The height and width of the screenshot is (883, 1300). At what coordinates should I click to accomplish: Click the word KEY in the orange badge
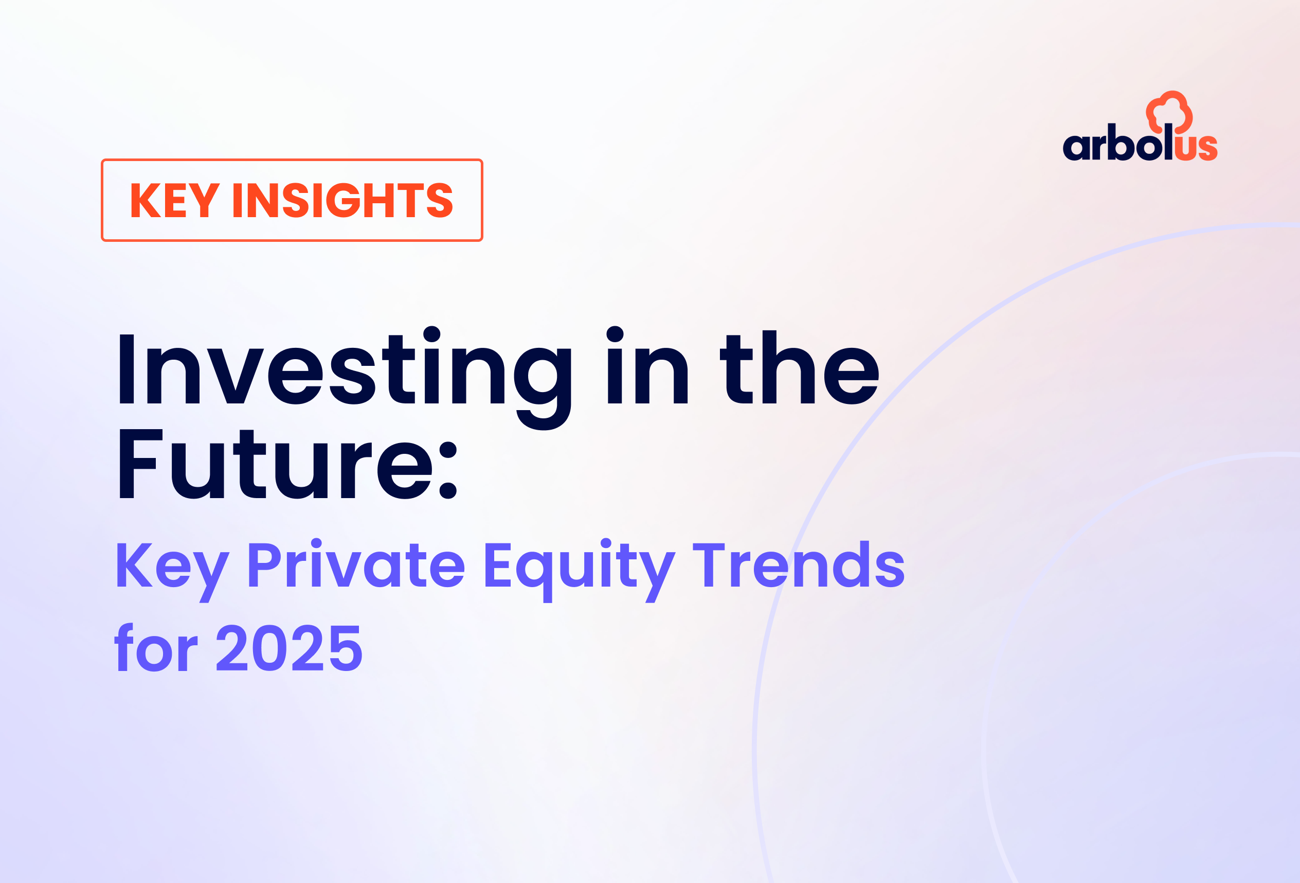(x=174, y=200)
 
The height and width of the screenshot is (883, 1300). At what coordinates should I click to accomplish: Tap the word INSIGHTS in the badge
(x=342, y=200)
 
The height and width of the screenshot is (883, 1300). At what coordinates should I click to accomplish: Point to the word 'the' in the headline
(x=800, y=369)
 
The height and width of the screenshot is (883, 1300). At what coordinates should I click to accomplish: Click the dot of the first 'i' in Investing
(x=432, y=334)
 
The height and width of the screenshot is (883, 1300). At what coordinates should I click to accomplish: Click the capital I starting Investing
(x=127, y=369)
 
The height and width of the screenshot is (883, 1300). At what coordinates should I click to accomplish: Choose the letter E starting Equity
(x=497, y=565)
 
